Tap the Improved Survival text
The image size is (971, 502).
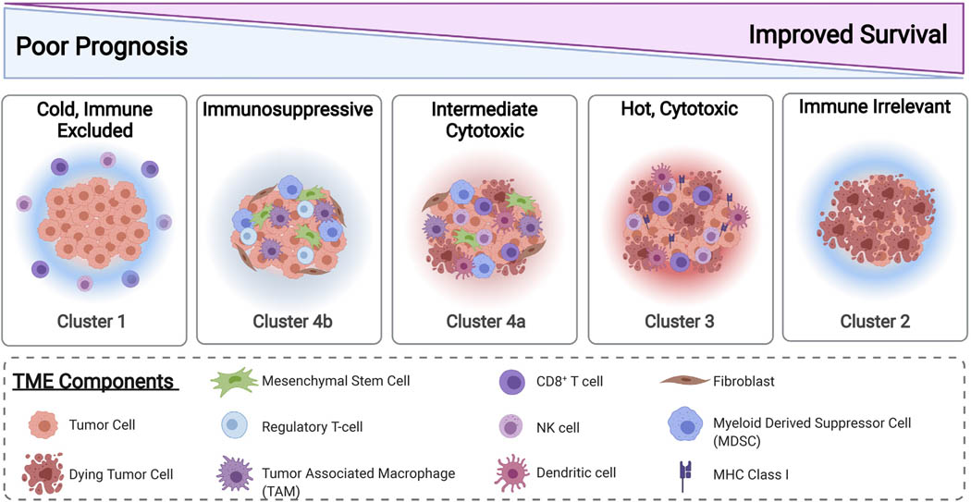coord(848,35)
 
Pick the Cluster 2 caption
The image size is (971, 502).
coord(875,322)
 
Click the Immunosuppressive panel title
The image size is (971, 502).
coord(289,110)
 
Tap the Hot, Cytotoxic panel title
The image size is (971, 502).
coord(679,110)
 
